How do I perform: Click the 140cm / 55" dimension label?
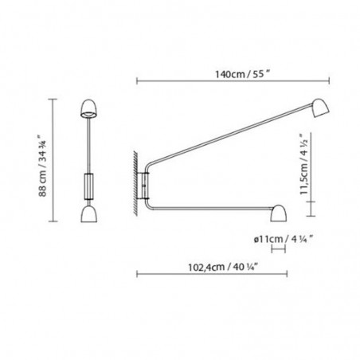[x=231, y=70]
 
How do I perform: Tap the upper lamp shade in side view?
[x=320, y=108]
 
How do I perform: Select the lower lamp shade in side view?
[x=280, y=212]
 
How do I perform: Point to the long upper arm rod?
[x=231, y=143]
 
